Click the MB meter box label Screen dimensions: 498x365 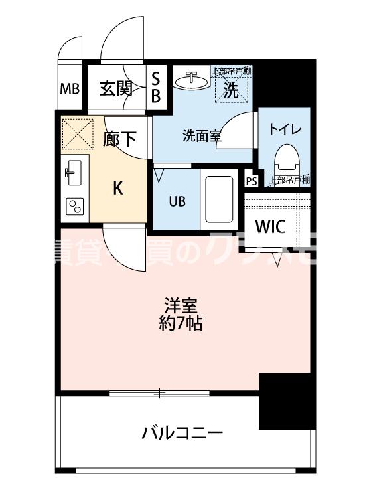[69, 89]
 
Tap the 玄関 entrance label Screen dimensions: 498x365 [116, 88]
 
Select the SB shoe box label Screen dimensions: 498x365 [156, 88]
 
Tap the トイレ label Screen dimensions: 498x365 [285, 129]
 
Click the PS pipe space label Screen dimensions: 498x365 [251, 181]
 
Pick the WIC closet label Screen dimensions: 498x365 [271, 226]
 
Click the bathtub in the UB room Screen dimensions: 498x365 [218, 198]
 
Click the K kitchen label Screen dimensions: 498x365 [117, 188]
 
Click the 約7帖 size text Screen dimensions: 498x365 [181, 325]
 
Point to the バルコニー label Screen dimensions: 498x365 [182, 434]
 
